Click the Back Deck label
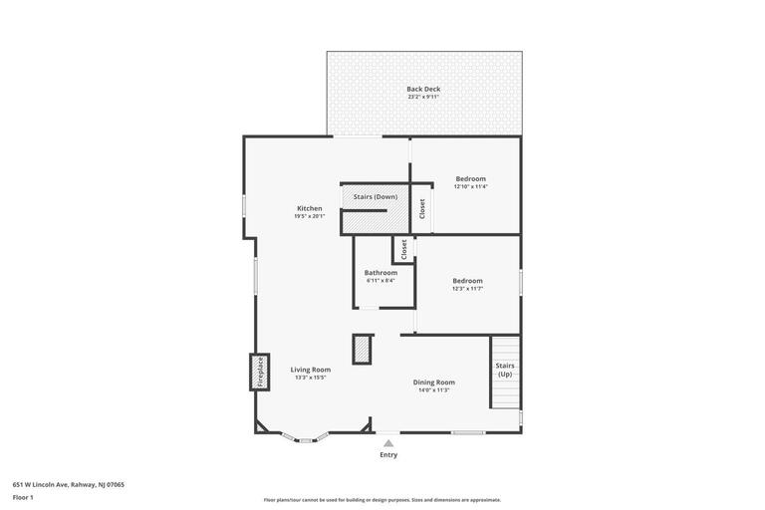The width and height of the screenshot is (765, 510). (x=423, y=89)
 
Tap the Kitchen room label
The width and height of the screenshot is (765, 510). (x=309, y=208)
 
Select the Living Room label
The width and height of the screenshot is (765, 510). (x=310, y=369)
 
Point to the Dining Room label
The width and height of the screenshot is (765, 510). (x=434, y=382)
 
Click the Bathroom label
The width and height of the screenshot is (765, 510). (x=381, y=272)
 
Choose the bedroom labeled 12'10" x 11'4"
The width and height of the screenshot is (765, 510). (x=470, y=179)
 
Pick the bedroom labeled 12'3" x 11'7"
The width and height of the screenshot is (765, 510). (x=467, y=281)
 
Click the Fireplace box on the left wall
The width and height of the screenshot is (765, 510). (x=260, y=372)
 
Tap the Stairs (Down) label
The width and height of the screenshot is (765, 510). (x=376, y=196)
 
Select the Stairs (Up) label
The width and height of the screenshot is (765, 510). (x=505, y=370)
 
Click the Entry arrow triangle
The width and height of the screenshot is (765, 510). (x=388, y=443)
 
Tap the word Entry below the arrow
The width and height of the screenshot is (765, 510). (x=388, y=455)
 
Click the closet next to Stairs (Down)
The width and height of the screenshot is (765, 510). (x=422, y=208)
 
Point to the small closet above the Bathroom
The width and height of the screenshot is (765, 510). (x=403, y=249)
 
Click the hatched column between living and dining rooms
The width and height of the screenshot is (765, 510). (x=362, y=350)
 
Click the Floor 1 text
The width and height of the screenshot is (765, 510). (x=23, y=497)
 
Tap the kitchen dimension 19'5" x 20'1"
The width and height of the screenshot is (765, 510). (x=309, y=216)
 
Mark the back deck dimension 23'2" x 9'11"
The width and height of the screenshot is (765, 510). (x=423, y=97)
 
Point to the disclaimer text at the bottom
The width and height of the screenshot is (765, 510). (x=382, y=500)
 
